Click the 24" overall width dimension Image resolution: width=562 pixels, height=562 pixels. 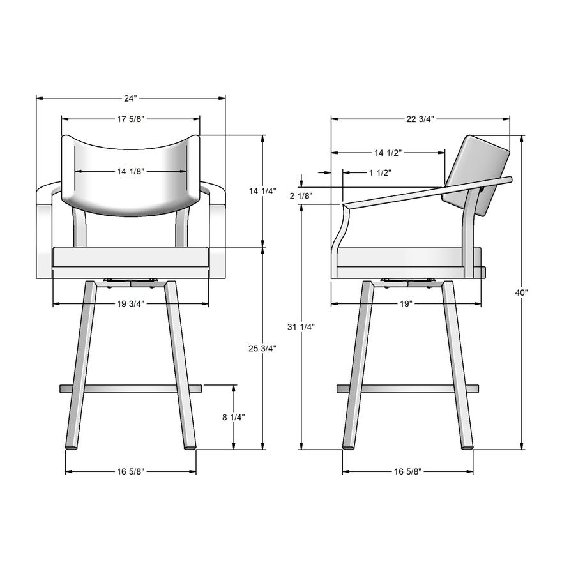click(130, 98)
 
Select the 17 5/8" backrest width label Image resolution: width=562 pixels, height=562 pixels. click(130, 119)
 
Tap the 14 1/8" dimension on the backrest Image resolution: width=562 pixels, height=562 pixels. click(130, 171)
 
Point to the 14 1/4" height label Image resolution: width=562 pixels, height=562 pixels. click(262, 190)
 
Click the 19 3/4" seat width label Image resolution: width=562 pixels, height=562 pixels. click(130, 303)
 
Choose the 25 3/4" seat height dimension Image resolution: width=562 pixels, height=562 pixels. click(262, 348)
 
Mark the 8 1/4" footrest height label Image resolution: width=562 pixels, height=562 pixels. click(234, 417)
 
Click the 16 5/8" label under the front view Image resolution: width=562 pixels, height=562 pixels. click(130, 472)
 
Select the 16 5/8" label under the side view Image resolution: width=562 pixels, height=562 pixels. click(407, 472)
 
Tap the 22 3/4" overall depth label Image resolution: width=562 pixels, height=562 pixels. click(420, 119)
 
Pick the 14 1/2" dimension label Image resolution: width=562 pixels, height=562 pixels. click(388, 153)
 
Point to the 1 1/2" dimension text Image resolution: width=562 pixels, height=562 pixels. click(380, 172)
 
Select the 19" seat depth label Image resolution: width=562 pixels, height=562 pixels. click(406, 303)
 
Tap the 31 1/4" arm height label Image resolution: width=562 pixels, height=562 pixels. click(301, 327)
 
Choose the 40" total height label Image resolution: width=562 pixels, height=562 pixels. click(522, 292)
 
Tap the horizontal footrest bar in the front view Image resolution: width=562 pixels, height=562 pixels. click(130, 388)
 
